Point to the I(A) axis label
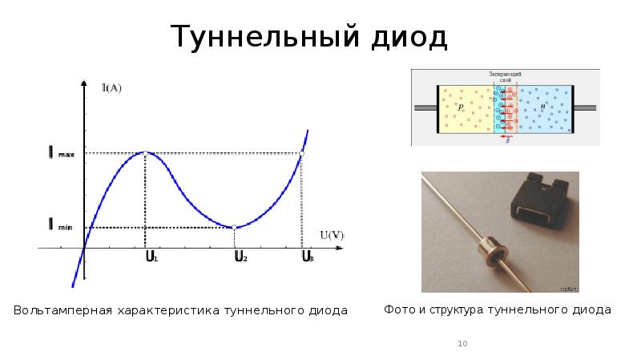(x=111, y=88)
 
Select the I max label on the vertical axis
(x=61, y=152)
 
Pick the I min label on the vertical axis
(x=60, y=227)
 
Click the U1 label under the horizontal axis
(x=151, y=257)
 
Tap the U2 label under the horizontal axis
(x=240, y=257)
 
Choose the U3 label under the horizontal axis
(x=307, y=257)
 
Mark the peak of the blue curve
(x=144, y=152)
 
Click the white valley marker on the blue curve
(x=235, y=228)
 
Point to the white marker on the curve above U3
(x=301, y=153)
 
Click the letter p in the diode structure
(x=461, y=107)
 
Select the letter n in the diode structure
(x=542, y=107)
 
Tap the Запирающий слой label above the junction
(x=506, y=77)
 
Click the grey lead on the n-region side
(x=585, y=107)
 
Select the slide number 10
(x=462, y=344)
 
